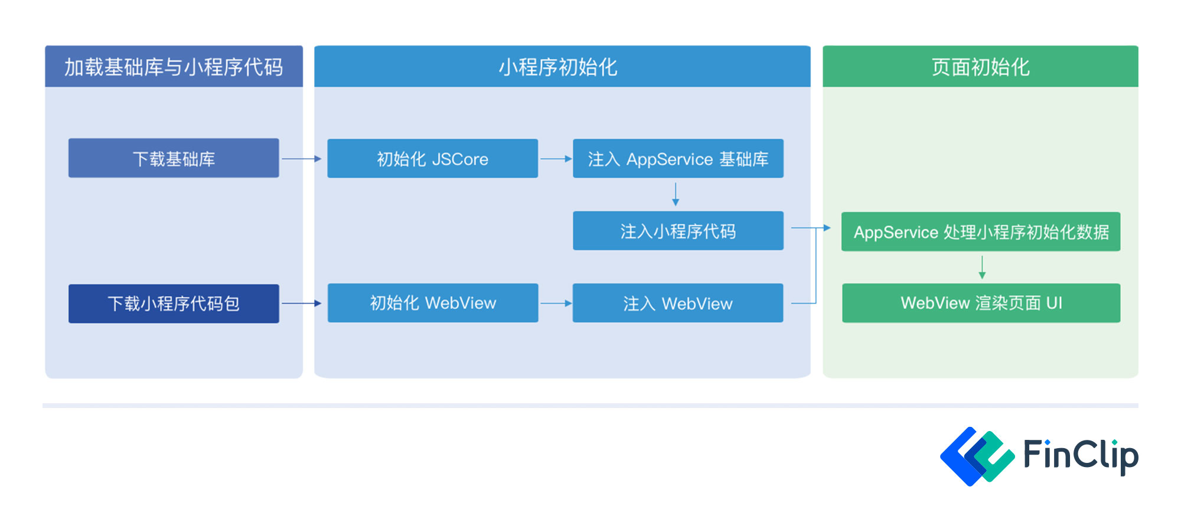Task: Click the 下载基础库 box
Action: click(174, 158)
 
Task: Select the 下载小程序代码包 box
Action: click(174, 303)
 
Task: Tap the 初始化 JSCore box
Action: click(432, 158)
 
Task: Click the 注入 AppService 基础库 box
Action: click(678, 158)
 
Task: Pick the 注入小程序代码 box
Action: click(678, 231)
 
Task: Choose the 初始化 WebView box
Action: click(433, 303)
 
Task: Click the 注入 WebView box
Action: click(678, 303)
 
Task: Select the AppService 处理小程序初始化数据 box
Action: click(981, 231)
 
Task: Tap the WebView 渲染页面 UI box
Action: click(981, 303)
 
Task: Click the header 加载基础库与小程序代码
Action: click(174, 67)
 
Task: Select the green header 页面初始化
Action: click(980, 67)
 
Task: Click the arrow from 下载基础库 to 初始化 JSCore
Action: click(302, 159)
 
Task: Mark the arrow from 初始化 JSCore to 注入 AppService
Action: click(556, 159)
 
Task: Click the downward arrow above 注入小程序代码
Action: click(676, 194)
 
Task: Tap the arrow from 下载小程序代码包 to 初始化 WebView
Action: click(302, 303)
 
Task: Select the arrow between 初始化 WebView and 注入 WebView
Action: click(556, 303)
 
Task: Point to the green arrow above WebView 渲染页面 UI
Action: click(982, 267)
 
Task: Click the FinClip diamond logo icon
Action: click(977, 456)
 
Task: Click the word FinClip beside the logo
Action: click(1081, 455)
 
